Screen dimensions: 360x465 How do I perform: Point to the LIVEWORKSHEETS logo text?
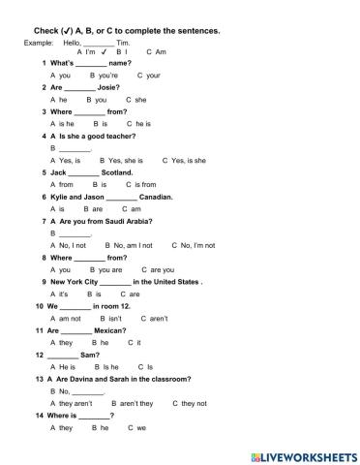[x=301, y=453]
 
